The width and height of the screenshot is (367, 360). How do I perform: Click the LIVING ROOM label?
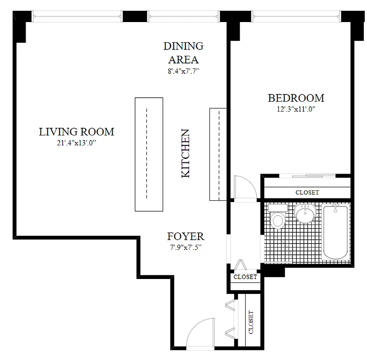point(76,132)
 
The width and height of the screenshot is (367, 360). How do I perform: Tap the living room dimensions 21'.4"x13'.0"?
point(76,143)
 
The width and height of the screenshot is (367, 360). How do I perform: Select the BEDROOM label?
point(296,98)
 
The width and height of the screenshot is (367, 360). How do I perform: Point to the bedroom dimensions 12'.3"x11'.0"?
point(296,109)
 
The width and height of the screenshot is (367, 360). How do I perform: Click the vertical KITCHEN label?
point(186,153)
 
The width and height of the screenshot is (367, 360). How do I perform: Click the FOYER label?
point(186,236)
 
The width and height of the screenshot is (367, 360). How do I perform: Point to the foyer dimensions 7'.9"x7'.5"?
point(186,247)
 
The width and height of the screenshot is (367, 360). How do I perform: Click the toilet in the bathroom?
point(278,218)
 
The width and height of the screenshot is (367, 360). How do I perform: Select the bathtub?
point(335,232)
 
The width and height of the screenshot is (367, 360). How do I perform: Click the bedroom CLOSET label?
point(307,192)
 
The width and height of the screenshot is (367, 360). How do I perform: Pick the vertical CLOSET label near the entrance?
point(250,322)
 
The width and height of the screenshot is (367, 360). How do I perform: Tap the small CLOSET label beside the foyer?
point(245,277)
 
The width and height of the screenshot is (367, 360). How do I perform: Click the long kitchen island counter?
point(148,154)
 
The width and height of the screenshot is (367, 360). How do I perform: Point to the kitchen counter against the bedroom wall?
point(217,154)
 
